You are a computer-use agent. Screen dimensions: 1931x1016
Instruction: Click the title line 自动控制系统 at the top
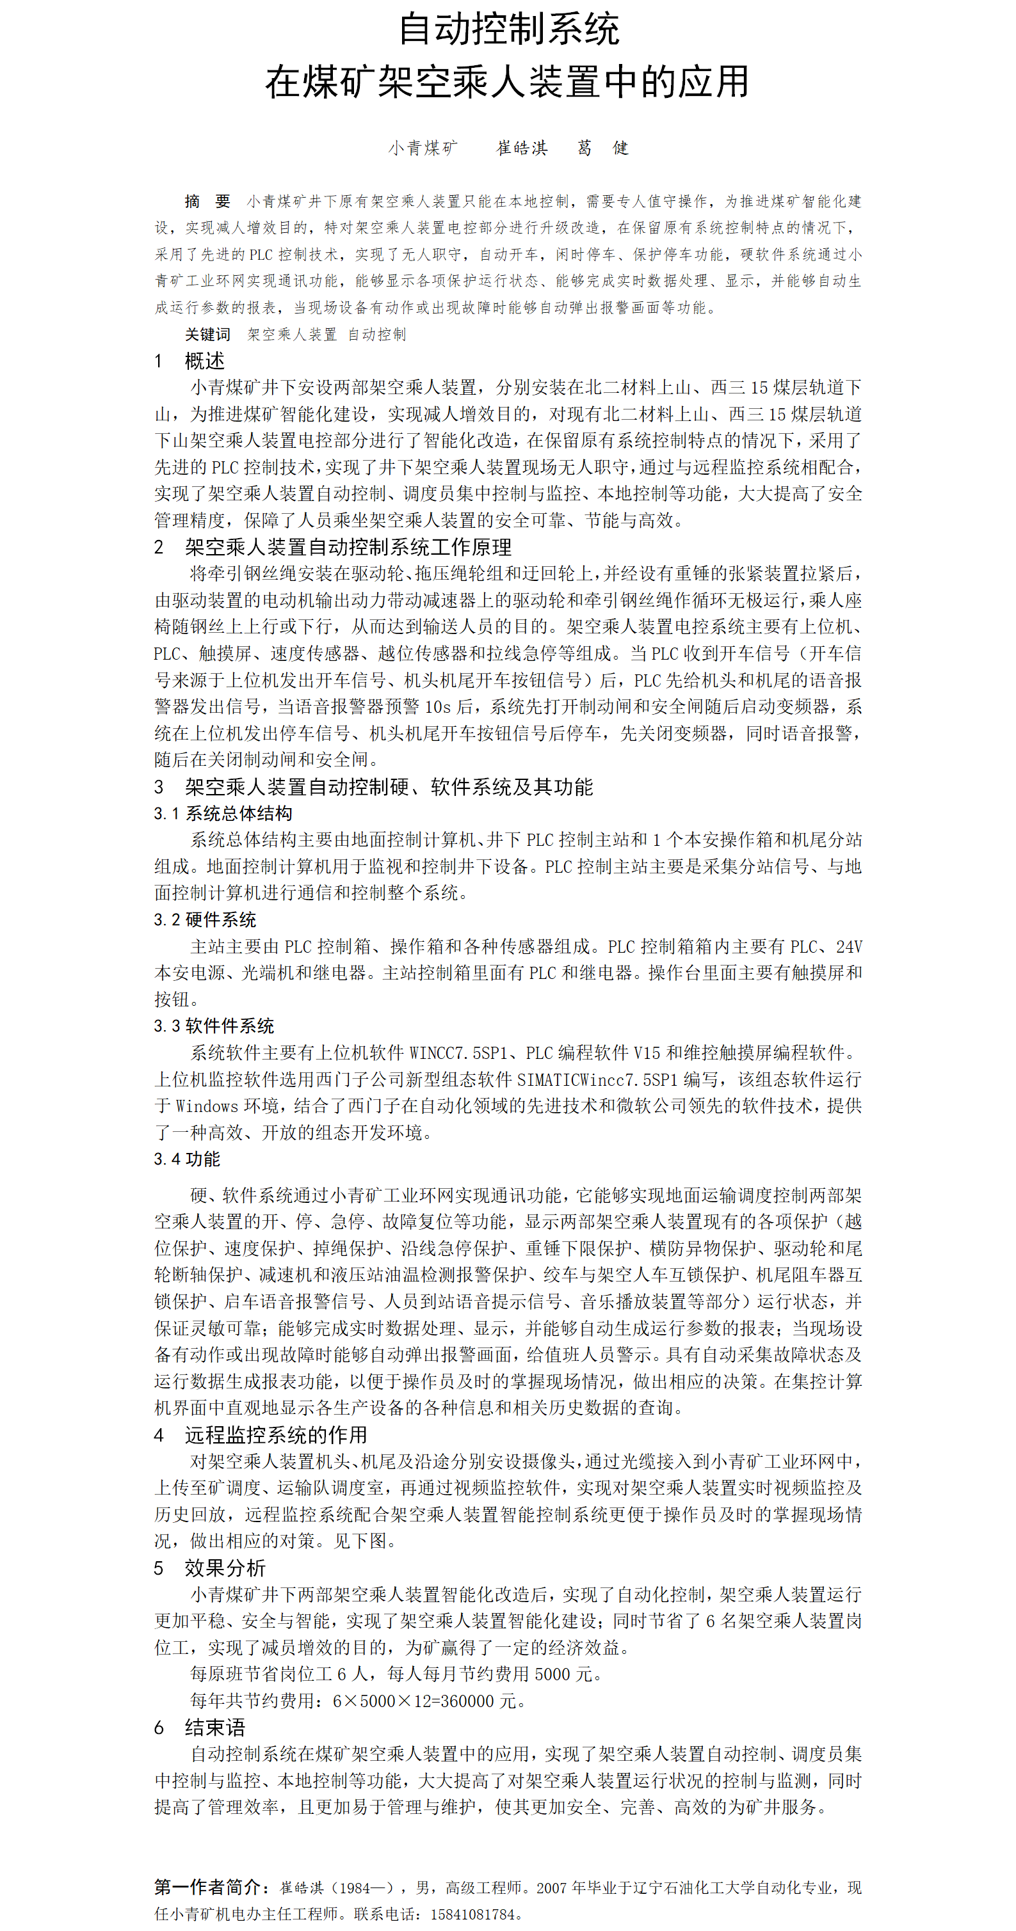[508, 30]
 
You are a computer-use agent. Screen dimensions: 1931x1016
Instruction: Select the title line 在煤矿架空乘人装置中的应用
[508, 82]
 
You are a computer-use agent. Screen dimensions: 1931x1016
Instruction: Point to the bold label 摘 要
[207, 201]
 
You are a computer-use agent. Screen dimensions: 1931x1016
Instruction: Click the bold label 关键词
[207, 335]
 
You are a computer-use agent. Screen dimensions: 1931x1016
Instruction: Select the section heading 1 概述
[189, 362]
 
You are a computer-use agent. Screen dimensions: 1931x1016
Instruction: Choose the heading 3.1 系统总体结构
[223, 813]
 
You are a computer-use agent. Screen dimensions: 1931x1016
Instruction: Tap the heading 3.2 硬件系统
[205, 920]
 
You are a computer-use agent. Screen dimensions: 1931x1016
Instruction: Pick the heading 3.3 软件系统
[214, 1026]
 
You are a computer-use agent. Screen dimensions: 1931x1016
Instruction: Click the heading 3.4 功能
[187, 1159]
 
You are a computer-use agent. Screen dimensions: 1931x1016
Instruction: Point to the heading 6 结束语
[200, 1728]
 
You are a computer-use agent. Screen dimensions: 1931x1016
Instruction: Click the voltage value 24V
[849, 947]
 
